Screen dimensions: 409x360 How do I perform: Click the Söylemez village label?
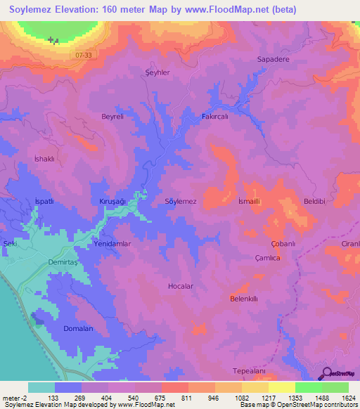click(x=180, y=201)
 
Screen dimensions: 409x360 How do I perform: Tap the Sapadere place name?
click(x=273, y=60)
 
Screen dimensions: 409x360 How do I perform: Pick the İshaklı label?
click(x=44, y=159)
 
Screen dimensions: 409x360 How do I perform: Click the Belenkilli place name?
click(x=245, y=299)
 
